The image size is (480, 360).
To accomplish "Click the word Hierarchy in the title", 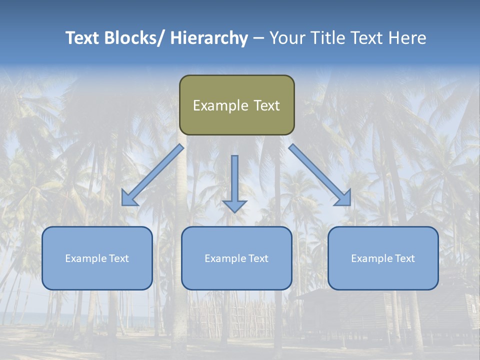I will [x=208, y=38].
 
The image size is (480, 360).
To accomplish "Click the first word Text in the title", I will [x=83, y=38].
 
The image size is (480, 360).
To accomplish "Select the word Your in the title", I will [x=287, y=38].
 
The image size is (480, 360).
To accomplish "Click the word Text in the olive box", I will [x=266, y=105].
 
